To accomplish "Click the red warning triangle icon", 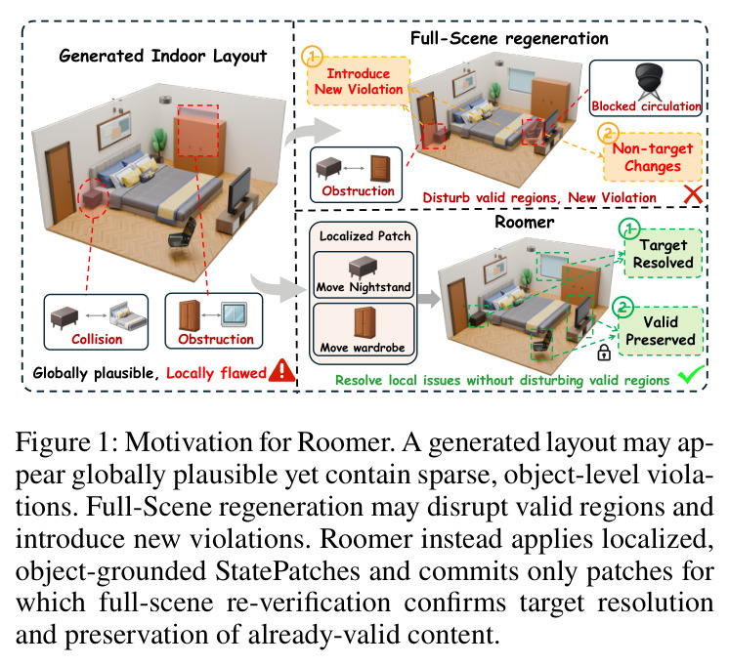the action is [x=281, y=371].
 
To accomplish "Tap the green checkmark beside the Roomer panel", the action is [x=691, y=374].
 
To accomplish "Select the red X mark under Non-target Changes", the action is [x=693, y=194].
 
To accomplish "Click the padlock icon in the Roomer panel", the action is [x=604, y=353].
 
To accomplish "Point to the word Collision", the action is [x=97, y=339].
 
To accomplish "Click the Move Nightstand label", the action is [x=364, y=287].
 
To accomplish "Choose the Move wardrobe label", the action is [x=363, y=348].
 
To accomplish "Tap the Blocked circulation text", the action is [x=646, y=106].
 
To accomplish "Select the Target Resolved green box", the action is [x=663, y=253].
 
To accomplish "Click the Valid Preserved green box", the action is [x=661, y=331].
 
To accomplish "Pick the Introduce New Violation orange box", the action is [x=359, y=81].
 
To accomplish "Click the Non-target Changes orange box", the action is [x=652, y=157].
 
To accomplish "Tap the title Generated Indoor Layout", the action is [x=163, y=57].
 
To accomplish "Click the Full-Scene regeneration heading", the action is [x=509, y=39].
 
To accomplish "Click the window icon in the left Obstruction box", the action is [x=235, y=314].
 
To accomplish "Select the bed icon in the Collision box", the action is [x=128, y=315].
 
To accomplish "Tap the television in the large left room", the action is [x=240, y=190].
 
